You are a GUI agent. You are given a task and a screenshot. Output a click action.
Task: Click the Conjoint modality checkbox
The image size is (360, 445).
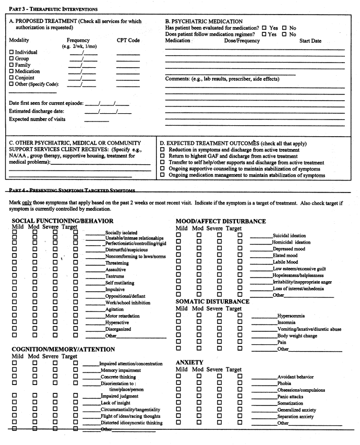(11, 78)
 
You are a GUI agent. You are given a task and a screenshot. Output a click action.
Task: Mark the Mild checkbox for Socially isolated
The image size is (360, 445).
(15, 232)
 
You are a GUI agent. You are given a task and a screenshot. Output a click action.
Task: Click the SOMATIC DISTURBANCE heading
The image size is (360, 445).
(212, 301)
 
